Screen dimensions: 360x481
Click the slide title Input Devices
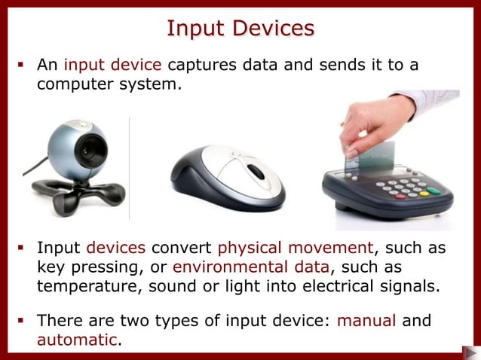click(x=240, y=28)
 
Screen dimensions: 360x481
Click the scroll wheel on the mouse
click(x=256, y=172)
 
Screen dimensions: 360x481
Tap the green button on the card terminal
click(x=434, y=191)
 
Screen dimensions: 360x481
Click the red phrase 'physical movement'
click(x=295, y=249)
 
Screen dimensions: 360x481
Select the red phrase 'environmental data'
click(x=250, y=267)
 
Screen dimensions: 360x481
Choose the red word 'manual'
click(x=366, y=321)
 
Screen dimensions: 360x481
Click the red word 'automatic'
click(x=77, y=339)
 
